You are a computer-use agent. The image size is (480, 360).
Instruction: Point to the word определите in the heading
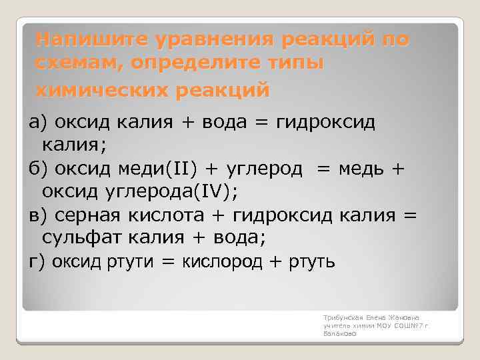tap(199, 64)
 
